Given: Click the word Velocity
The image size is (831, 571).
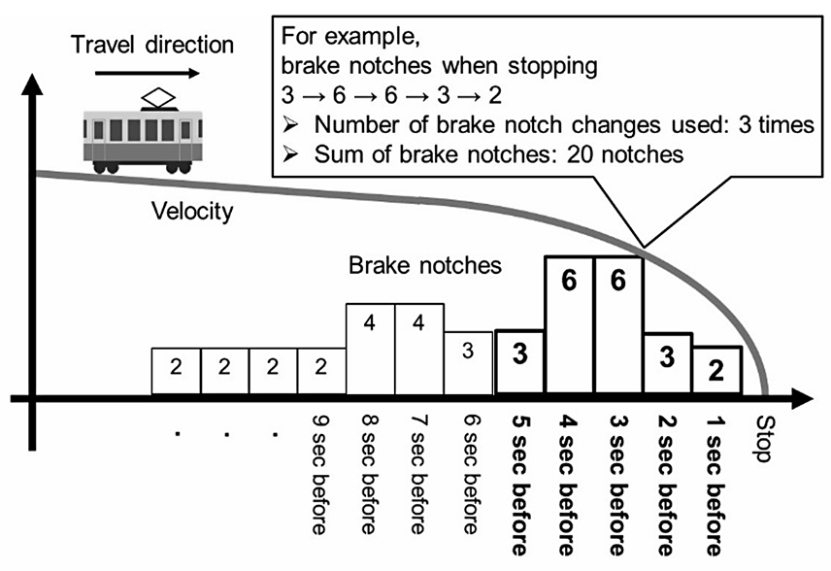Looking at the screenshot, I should point(192,211).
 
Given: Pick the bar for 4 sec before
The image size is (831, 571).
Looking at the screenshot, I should point(569,324).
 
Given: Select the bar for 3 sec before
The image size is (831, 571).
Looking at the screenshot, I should point(618,324).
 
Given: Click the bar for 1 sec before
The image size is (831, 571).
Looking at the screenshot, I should point(717,370).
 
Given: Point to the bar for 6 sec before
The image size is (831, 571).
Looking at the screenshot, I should point(470,362).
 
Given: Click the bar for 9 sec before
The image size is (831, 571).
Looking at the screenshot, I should point(321,370).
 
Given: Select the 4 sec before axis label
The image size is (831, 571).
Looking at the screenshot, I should point(569,476).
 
